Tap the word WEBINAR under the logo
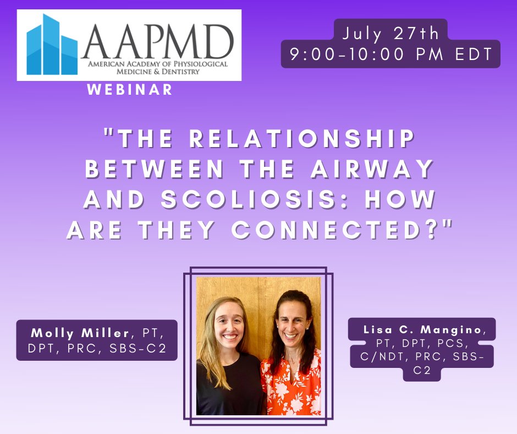(x=130, y=89)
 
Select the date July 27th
(x=391, y=34)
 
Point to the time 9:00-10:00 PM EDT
(x=391, y=56)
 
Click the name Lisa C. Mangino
(x=422, y=329)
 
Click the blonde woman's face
(x=227, y=328)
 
